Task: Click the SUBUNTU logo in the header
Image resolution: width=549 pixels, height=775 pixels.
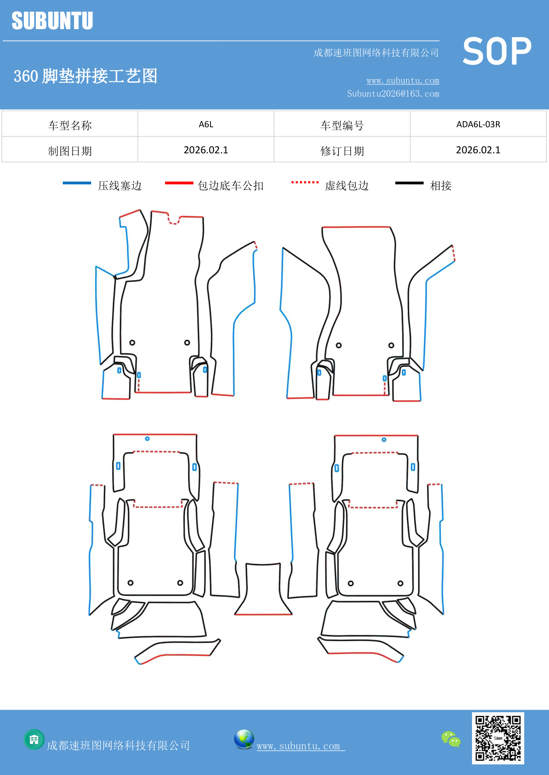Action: click(x=52, y=21)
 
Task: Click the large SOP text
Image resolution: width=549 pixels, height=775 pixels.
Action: click(x=497, y=52)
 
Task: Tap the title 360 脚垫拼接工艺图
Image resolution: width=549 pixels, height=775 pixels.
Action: click(x=85, y=76)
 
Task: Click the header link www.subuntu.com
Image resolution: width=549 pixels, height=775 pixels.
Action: click(x=403, y=80)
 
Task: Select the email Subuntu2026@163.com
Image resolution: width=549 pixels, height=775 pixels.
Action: click(x=393, y=94)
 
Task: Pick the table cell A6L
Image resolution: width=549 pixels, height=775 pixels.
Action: click(x=206, y=124)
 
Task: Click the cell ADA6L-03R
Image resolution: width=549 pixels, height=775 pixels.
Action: click(x=478, y=124)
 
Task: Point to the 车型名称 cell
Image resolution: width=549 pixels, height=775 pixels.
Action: click(x=70, y=125)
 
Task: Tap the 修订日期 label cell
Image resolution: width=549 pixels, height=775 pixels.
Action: click(x=342, y=151)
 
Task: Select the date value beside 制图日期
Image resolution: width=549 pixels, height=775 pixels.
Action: click(x=206, y=150)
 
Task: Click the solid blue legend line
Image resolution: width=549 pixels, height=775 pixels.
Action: click(x=77, y=183)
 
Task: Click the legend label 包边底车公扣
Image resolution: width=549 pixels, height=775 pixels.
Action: click(x=230, y=186)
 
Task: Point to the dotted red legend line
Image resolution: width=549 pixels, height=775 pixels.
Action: click(x=305, y=182)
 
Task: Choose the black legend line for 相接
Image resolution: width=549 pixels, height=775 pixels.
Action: click(x=409, y=183)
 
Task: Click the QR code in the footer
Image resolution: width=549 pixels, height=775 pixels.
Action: click(x=498, y=738)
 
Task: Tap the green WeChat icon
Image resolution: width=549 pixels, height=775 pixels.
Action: click(x=451, y=739)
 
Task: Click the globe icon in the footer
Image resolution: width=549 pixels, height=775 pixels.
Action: click(x=244, y=739)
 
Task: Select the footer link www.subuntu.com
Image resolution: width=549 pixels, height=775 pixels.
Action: click(x=299, y=746)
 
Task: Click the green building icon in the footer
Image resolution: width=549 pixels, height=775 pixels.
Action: click(x=34, y=739)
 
